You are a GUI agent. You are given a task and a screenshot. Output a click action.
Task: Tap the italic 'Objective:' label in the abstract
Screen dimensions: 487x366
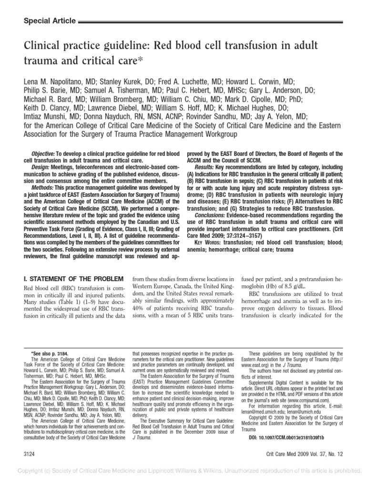pos(43,155)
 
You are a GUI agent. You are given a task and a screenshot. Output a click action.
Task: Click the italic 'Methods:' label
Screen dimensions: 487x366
pos(43,187)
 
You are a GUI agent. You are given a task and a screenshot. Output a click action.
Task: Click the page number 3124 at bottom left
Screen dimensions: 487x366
pos(30,455)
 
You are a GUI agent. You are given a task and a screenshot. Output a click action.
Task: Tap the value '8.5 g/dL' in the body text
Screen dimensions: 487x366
pos(297,288)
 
